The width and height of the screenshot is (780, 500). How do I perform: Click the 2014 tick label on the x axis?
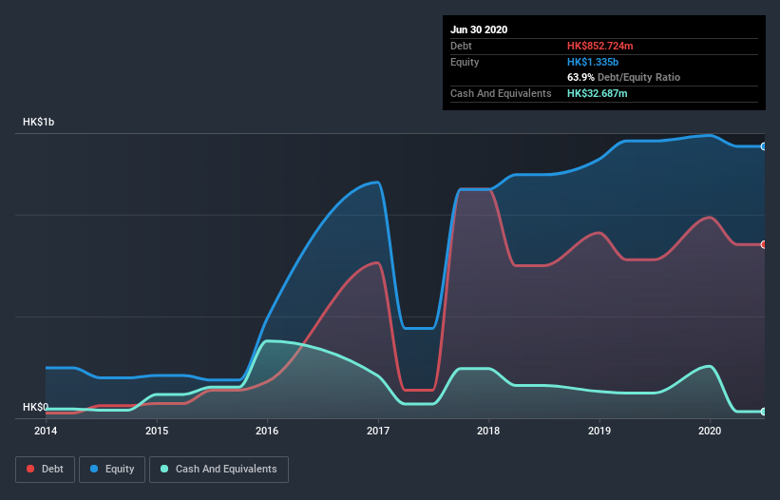pos(46,431)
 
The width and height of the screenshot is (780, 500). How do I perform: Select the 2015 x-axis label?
pos(157,431)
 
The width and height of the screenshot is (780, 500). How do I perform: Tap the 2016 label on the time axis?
pos(268,431)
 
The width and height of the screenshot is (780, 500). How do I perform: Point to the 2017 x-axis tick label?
pos(378,431)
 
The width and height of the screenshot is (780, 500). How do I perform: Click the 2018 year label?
pos(489,431)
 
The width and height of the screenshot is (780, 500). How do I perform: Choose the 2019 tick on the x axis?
pos(599,431)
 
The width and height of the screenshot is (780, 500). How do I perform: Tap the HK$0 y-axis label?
pos(36,407)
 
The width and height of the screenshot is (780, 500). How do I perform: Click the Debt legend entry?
pos(45,469)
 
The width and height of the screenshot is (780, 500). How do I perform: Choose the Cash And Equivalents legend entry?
pos(219,469)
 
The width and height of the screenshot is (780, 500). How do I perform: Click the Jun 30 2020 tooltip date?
pos(479,29)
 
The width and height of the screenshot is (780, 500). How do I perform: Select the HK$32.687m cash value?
pos(598,93)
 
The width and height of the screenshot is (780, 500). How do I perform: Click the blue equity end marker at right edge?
pos(764,146)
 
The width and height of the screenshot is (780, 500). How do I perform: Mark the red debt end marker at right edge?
pos(764,244)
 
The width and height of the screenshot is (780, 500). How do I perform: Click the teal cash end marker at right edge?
pos(764,412)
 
